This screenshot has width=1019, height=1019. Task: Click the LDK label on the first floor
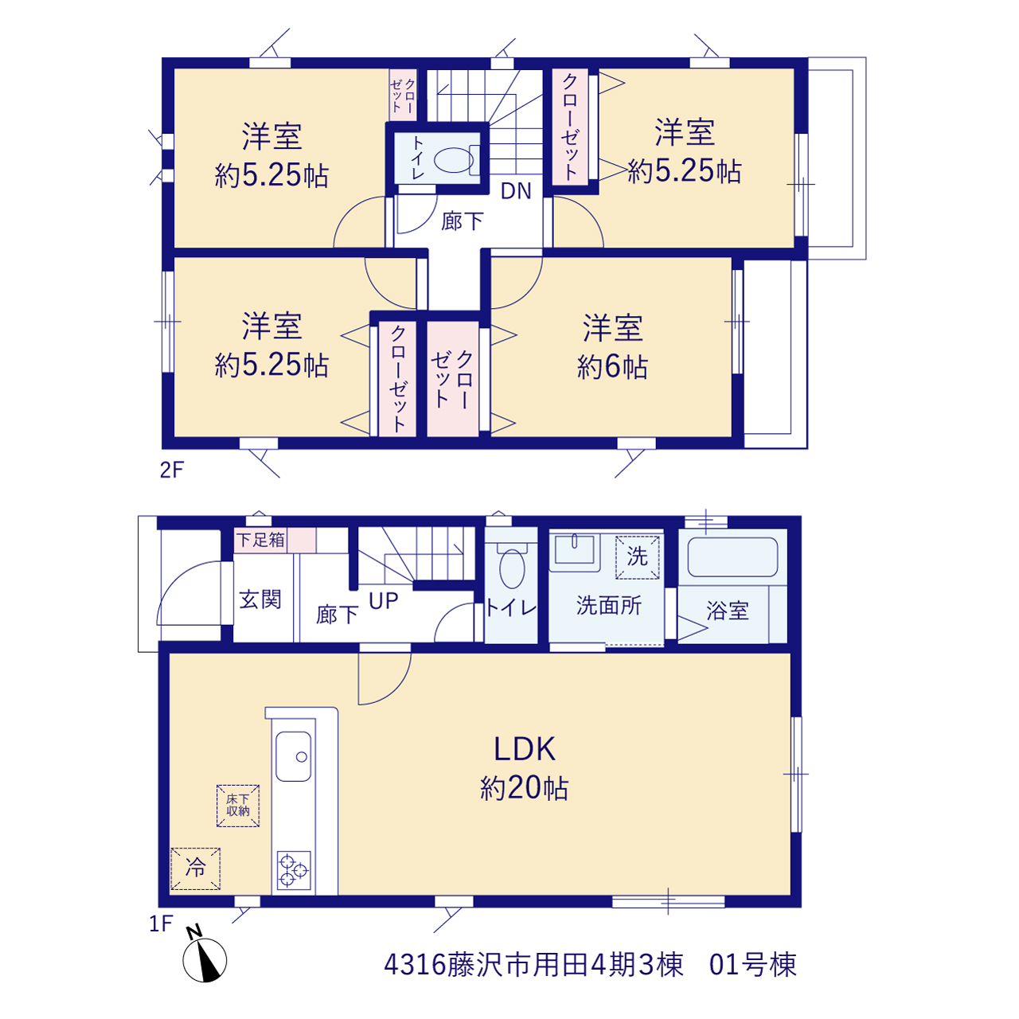click(524, 749)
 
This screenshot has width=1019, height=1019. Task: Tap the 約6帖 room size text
click(612, 366)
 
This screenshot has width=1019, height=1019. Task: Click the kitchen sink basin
click(294, 756)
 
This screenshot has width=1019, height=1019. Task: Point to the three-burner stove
click(294, 870)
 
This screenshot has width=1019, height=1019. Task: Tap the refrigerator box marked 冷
click(195, 869)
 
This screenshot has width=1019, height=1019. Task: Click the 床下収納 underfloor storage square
click(238, 806)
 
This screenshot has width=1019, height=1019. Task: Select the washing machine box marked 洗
click(637, 556)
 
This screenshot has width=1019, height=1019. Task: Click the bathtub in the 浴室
click(732, 556)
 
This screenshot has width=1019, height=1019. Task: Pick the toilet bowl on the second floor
click(454, 160)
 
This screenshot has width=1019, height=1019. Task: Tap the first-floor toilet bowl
click(511, 568)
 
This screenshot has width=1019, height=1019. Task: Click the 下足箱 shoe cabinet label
click(260, 540)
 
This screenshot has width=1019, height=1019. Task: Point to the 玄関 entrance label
click(260, 599)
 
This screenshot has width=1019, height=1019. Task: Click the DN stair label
click(516, 191)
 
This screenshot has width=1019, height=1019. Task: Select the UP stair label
click(384, 601)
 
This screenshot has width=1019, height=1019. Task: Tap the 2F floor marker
click(172, 470)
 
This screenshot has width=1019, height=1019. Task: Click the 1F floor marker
click(161, 923)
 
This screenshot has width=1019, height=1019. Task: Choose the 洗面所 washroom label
click(609, 606)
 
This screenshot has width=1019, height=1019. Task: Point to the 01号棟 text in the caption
click(753, 965)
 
